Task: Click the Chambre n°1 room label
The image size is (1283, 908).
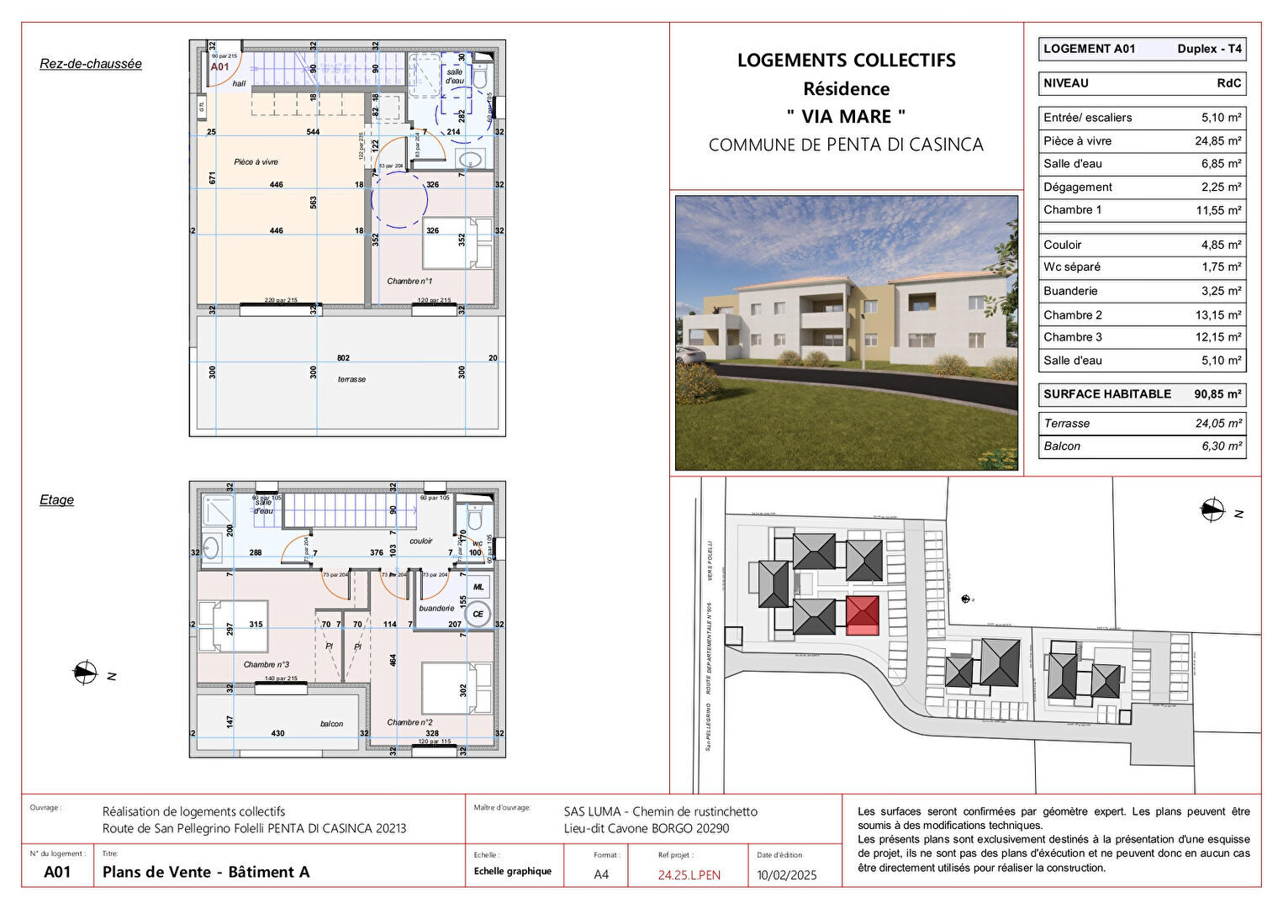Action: tap(409, 281)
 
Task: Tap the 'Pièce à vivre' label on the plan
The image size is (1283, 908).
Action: tap(256, 161)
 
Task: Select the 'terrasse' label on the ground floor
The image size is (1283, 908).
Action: tap(351, 379)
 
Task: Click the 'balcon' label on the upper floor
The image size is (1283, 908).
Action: tap(331, 723)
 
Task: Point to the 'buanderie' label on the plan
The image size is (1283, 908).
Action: tap(436, 608)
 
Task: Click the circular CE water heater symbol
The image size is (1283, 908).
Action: tap(478, 614)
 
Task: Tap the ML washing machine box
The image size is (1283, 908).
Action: tap(478, 587)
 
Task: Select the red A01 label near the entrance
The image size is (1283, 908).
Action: tap(219, 66)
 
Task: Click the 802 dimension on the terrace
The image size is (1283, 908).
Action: tap(343, 358)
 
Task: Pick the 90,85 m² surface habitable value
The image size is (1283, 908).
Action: tap(1217, 393)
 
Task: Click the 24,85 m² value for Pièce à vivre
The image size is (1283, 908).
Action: tap(1217, 141)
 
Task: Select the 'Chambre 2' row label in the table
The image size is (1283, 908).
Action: tap(1073, 314)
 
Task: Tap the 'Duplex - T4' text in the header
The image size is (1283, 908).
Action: tap(1209, 49)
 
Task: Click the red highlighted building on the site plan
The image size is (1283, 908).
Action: tap(862, 615)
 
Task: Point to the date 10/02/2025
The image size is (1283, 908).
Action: tap(787, 874)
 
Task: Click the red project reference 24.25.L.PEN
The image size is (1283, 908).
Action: tap(689, 874)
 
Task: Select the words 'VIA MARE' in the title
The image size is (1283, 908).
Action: tap(846, 116)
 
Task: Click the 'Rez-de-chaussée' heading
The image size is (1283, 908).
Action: tap(91, 64)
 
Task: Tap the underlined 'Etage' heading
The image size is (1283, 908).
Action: tap(56, 499)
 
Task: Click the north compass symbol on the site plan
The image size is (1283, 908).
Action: tap(1213, 508)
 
